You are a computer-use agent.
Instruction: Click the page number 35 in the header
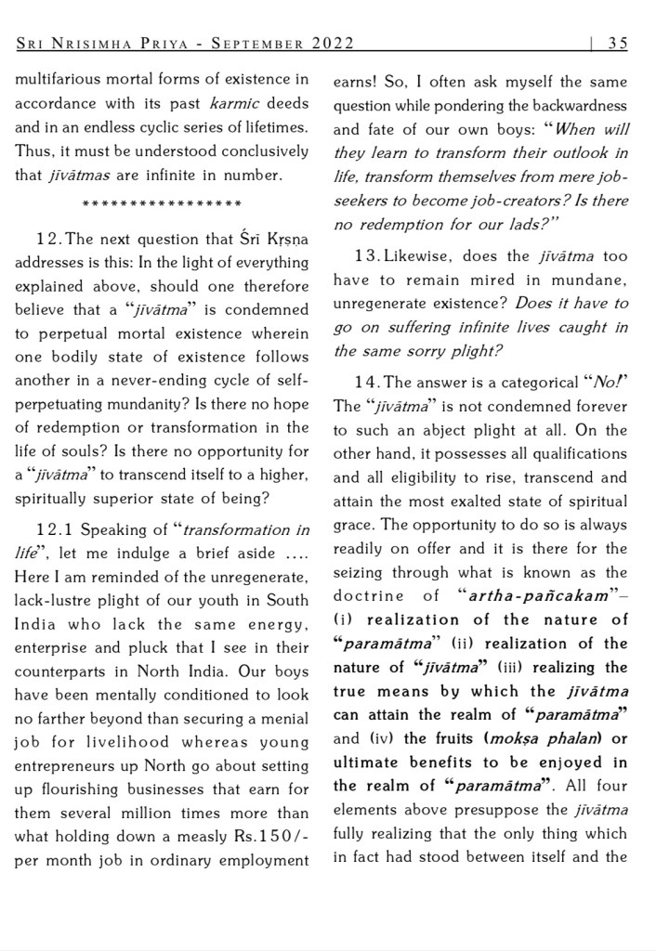618,43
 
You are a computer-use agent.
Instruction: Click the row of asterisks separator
163,202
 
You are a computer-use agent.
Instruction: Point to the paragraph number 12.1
54,530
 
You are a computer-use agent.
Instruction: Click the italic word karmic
232,103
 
